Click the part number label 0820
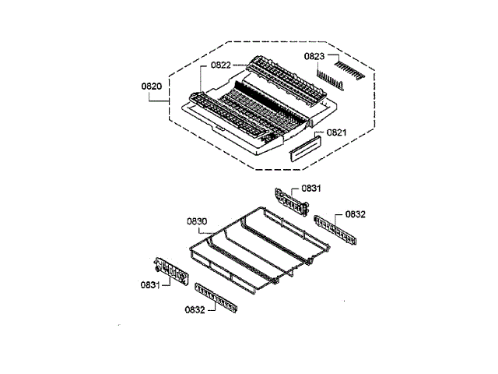(x=152, y=86)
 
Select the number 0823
(x=314, y=56)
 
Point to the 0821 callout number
(x=336, y=133)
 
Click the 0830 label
(x=197, y=221)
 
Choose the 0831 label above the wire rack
(x=311, y=189)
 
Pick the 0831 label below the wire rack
(x=151, y=284)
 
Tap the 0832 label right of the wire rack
(x=356, y=213)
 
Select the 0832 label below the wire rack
(x=195, y=309)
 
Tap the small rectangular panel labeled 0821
(x=304, y=148)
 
